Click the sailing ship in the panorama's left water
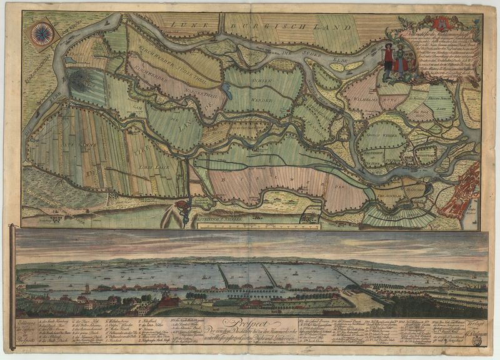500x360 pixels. click(x=87, y=288)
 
